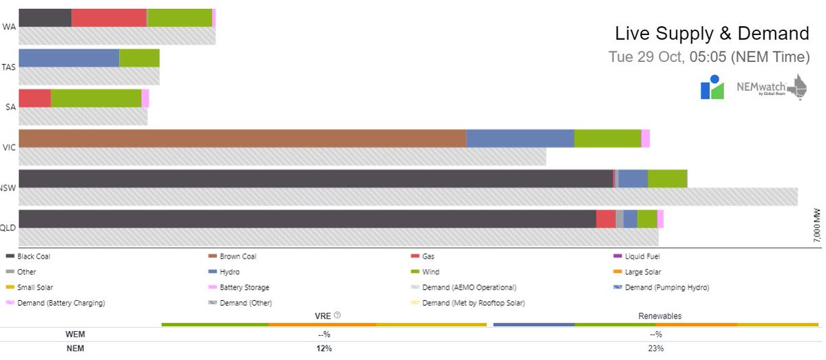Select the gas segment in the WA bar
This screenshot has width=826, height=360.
(109, 18)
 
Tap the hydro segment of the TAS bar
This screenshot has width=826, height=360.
(69, 58)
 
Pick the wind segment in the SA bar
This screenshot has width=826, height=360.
(96, 98)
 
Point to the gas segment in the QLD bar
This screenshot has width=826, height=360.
(605, 219)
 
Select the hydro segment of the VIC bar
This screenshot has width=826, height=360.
(520, 138)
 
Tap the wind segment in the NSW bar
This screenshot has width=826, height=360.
(667, 179)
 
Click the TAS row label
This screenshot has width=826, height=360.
(10, 67)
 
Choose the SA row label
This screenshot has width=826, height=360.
(10, 107)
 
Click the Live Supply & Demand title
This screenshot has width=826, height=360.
(712, 33)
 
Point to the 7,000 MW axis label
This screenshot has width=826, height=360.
(817, 224)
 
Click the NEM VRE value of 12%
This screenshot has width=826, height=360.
(324, 348)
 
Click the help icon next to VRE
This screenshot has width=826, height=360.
(337, 316)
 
